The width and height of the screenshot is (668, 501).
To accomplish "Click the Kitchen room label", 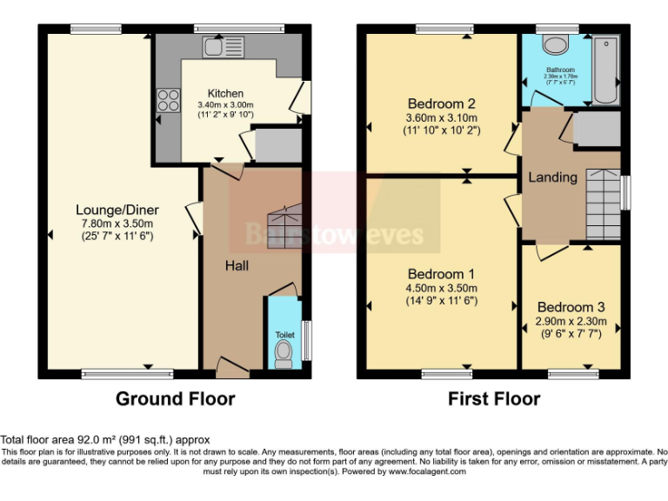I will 225,93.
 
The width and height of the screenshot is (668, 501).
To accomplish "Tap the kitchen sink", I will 214,45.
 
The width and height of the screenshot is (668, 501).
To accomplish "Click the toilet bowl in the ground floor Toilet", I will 283,352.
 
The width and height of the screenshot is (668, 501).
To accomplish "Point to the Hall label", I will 237,264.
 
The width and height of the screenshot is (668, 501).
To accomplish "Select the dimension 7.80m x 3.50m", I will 116,223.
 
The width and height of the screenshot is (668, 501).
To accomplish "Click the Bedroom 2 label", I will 442,104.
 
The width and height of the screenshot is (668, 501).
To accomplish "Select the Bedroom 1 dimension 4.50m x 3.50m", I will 442,289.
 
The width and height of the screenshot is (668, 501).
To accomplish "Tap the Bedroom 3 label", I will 571,307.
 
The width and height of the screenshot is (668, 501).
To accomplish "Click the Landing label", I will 552,177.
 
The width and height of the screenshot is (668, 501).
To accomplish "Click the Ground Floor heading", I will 175,399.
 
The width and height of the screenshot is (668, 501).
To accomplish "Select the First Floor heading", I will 494,399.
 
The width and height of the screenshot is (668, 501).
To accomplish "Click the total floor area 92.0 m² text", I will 105,440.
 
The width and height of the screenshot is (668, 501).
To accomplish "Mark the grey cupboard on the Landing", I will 597,129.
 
